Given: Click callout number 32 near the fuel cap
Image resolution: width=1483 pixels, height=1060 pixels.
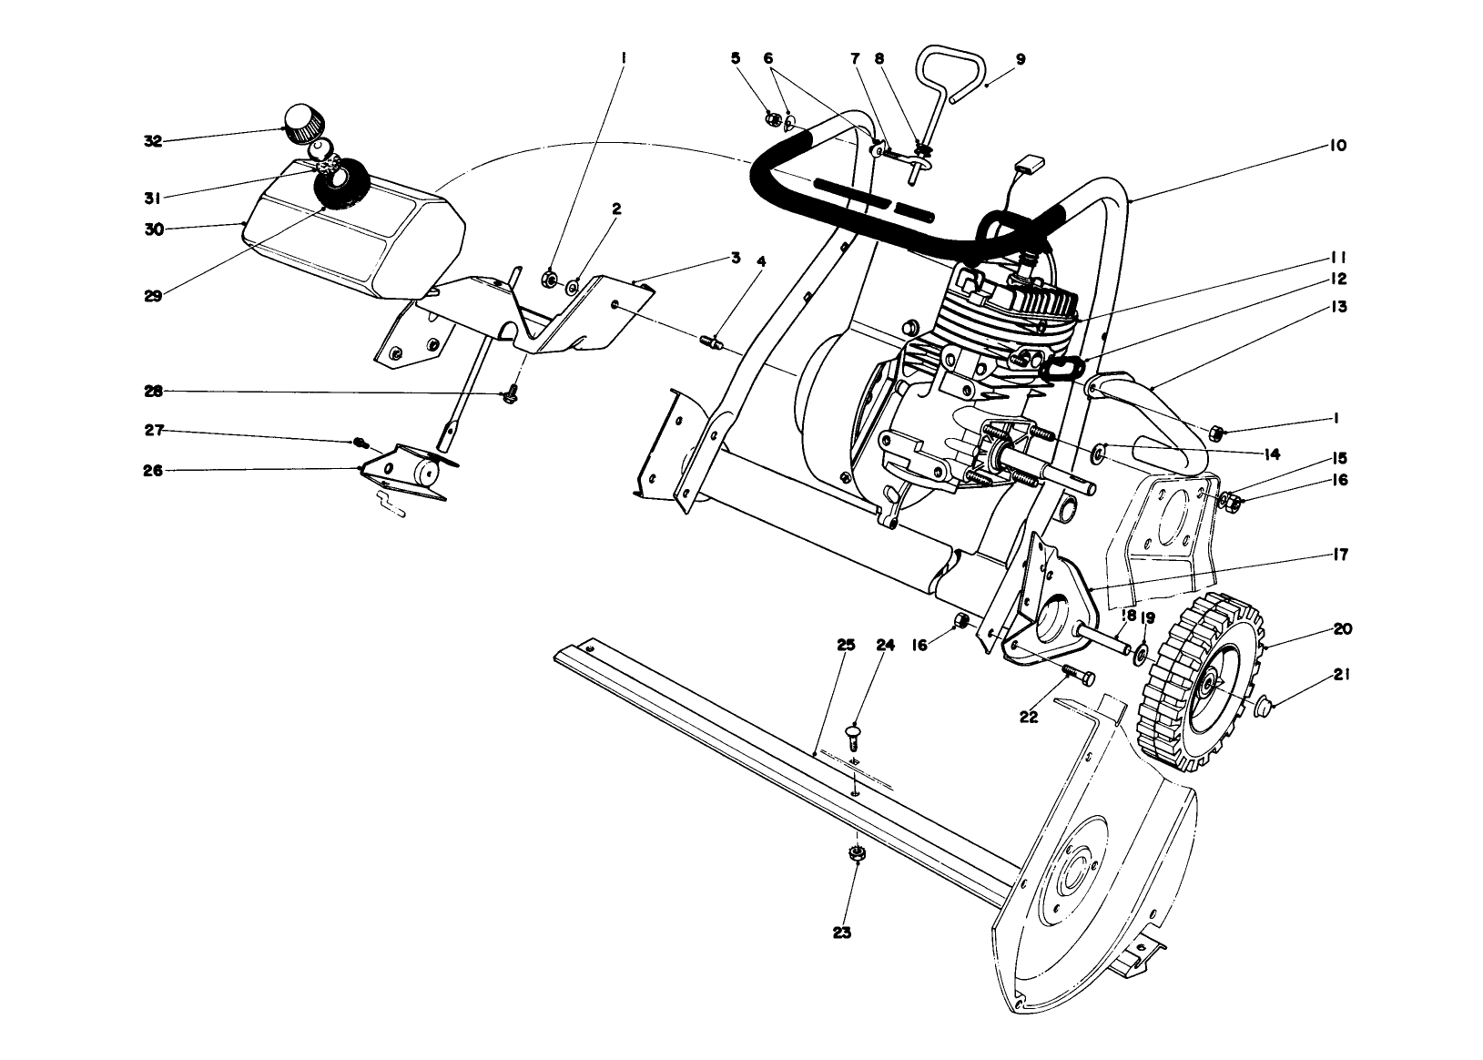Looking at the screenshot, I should (x=152, y=141).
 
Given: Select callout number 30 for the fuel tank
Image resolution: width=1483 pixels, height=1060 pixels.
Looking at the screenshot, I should (x=153, y=229).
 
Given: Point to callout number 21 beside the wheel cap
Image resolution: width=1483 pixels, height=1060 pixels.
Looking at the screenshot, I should (x=1342, y=676).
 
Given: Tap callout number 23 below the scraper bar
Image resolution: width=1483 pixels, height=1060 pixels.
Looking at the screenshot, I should (x=842, y=933).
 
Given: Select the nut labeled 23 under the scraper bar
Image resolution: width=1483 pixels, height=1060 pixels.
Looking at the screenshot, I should (x=855, y=853).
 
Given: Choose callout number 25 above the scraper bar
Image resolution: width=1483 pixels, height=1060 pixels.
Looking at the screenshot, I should (x=846, y=645).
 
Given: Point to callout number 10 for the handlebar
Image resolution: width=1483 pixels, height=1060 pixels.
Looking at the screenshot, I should (x=1337, y=146).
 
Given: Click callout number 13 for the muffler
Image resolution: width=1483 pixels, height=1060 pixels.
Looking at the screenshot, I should (x=1338, y=308).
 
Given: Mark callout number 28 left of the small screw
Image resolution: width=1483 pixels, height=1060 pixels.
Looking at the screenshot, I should (x=152, y=392).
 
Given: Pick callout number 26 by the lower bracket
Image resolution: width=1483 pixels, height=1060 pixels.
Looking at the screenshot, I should (x=152, y=471).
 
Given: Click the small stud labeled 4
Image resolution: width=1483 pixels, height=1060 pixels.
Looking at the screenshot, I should (x=711, y=343).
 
